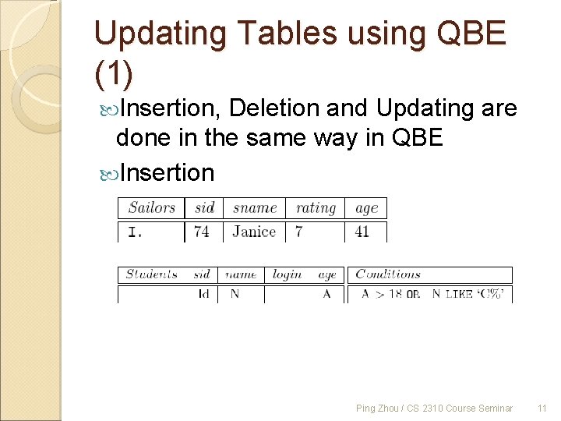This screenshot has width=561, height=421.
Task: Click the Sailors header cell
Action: point(151,207)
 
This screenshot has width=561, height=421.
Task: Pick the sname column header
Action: point(255,207)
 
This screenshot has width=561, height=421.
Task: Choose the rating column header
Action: point(316,207)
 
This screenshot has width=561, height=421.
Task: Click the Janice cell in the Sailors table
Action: point(254,232)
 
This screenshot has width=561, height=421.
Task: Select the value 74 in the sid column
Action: point(202,232)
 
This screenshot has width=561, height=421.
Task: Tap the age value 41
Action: point(362,232)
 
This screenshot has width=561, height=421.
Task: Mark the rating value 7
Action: point(298,232)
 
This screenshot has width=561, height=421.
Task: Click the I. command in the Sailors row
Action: point(135,232)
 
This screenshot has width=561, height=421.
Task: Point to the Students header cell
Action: point(151,274)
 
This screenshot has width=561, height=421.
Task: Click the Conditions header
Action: point(388,274)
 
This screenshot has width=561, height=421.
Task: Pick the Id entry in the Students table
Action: point(203,294)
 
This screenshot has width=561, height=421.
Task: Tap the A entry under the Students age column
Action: point(327,294)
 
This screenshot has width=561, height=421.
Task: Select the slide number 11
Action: point(542,408)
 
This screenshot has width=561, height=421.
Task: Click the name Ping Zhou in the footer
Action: point(375,408)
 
